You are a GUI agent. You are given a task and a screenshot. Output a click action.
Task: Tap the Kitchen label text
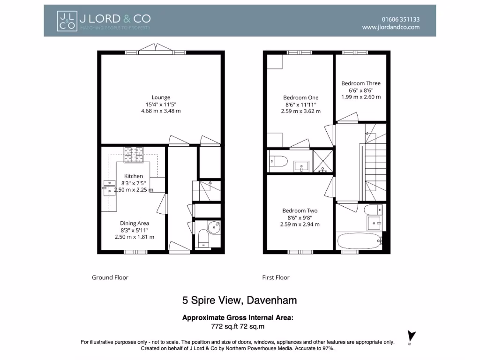133,176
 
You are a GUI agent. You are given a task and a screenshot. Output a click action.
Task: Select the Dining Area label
134,224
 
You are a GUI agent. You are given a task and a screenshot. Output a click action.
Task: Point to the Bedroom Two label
300,211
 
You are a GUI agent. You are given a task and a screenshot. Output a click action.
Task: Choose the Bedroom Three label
360,83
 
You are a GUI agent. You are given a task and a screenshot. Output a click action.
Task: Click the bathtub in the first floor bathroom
359,241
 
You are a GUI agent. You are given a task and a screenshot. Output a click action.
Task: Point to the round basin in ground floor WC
215,226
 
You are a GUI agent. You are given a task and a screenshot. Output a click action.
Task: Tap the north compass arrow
412,337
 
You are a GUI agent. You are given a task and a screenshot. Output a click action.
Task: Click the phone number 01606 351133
400,20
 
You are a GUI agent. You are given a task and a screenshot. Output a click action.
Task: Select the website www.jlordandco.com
390,28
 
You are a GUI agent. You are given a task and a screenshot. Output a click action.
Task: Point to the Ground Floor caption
110,277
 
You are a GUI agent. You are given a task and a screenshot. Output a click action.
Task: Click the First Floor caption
276,277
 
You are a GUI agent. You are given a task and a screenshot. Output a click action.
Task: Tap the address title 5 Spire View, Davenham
240,300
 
